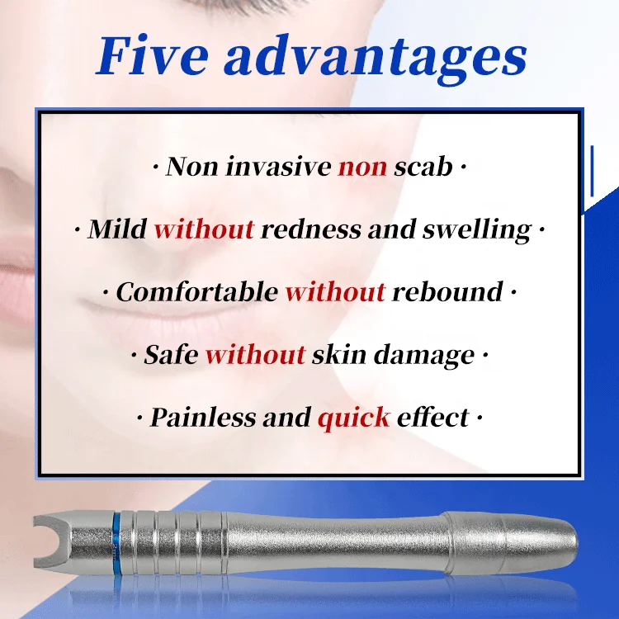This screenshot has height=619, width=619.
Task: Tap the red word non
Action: coord(361,167)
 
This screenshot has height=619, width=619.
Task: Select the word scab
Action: coord(423,167)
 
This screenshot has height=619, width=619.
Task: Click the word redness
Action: coord(310,229)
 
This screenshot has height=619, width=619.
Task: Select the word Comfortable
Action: coord(196,292)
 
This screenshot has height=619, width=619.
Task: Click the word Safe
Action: coord(171,355)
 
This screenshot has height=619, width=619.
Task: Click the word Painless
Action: coord(202,418)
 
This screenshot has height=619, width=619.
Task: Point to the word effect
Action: coord(432,418)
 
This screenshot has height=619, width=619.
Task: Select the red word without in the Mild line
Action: coord(203,229)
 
